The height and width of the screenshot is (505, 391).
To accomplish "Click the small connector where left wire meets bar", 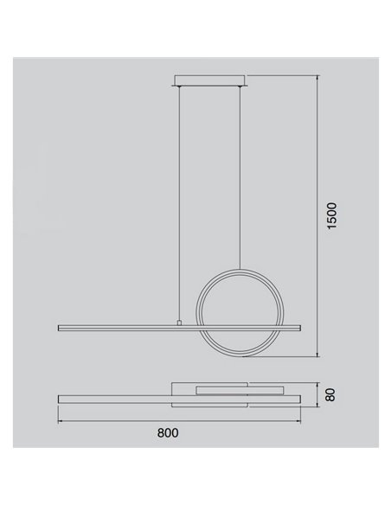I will tap(180, 323).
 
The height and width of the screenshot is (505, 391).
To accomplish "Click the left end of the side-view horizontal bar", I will tap(60, 327).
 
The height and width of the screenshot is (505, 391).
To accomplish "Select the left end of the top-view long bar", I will tap(60, 399).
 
